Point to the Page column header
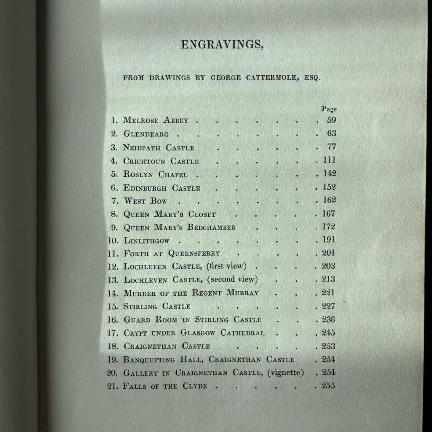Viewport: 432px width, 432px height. (329, 109)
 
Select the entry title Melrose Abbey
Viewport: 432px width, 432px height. (156, 120)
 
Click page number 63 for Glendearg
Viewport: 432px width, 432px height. (332, 133)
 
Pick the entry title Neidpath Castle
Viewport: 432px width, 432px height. (158, 148)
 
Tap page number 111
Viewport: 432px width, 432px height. (330, 160)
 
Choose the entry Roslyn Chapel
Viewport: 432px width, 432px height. (155, 174)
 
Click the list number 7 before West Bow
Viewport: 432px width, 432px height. (115, 201)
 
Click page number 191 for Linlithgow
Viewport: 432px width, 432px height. (329, 240)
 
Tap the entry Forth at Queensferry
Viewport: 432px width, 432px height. (172, 254)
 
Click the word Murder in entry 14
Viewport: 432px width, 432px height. (140, 293)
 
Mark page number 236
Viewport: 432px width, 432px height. (329, 320)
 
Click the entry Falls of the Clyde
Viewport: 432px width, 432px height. (165, 386)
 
